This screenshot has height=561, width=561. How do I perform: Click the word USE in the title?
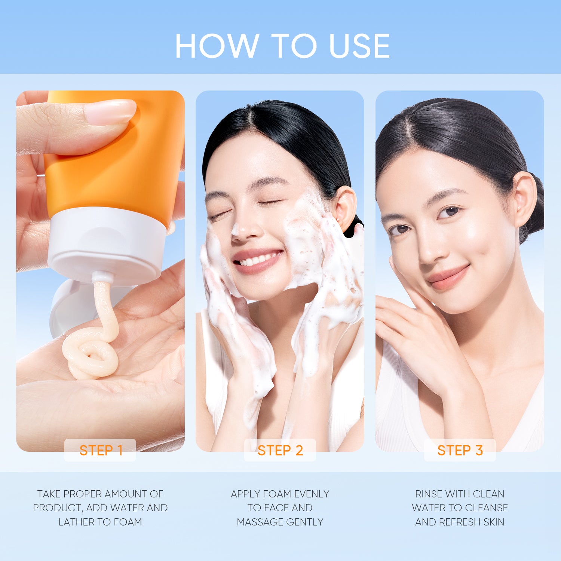click(359, 46)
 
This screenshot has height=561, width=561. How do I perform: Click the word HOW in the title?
click(217, 46)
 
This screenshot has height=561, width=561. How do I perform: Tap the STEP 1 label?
click(101, 450)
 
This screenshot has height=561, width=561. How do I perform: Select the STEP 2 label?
click(280, 450)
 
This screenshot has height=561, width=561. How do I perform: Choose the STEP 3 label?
click(460, 450)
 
